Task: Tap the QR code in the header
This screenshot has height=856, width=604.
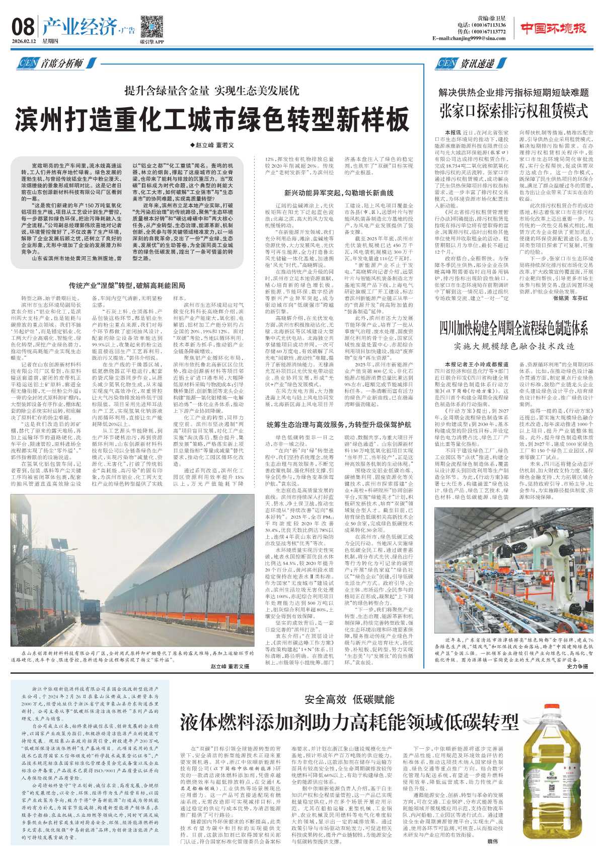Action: click(151, 27)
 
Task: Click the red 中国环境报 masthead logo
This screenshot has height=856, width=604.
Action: click(553, 29)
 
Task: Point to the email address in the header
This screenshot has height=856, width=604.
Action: click(469, 38)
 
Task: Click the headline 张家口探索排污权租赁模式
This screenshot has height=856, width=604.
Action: click(513, 110)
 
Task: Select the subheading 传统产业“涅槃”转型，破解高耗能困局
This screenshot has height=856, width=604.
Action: click(127, 286)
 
